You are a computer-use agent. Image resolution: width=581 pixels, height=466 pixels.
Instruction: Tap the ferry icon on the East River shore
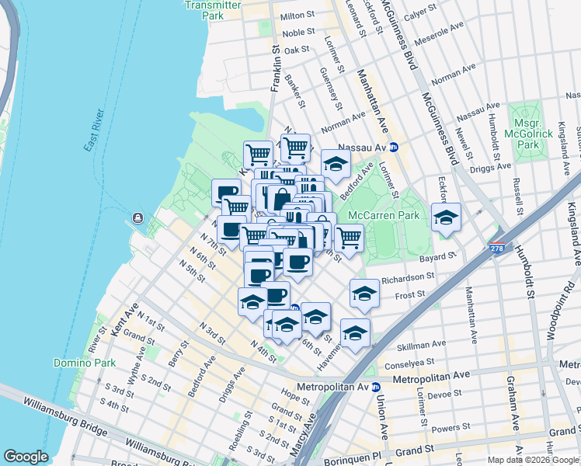137,217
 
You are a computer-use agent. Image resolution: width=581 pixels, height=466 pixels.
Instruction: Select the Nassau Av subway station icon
394,146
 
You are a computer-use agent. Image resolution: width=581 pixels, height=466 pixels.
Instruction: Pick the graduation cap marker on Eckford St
446,217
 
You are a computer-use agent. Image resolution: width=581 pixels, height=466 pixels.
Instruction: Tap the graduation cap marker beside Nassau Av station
336,163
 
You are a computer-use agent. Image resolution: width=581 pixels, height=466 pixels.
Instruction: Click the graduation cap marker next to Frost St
364,294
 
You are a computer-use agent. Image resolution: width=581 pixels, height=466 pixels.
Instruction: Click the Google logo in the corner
26,457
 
